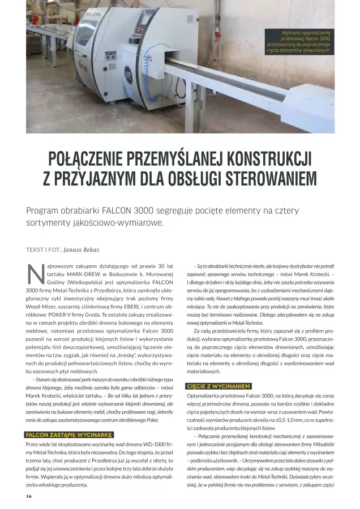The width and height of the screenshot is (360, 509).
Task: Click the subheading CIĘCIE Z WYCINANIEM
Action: (x=218, y=386)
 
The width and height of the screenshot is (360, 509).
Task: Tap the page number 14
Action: (x=29, y=496)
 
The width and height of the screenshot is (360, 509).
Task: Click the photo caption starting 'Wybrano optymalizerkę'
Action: (x=298, y=42)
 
